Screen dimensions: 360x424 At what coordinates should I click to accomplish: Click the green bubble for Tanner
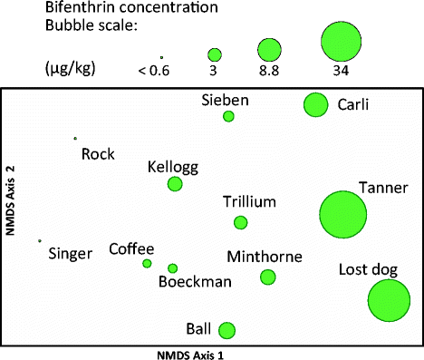point(343,215)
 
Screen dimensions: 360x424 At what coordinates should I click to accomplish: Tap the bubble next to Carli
point(315,105)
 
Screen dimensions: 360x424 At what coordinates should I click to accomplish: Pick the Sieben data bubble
point(228,116)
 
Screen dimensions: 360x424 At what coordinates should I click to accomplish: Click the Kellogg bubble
point(175,184)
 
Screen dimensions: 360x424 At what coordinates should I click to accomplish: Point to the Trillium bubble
point(241,222)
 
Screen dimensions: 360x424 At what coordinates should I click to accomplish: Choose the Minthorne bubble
point(267,277)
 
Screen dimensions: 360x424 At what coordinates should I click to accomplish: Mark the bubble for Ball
point(227,330)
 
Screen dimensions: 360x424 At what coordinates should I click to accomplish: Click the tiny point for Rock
point(75,139)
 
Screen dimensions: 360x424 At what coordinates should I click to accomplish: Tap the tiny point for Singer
point(40,241)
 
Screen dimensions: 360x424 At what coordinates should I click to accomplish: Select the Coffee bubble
point(147,263)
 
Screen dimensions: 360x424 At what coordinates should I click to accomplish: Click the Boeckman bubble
point(173,268)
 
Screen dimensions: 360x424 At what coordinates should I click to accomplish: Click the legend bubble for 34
point(342,44)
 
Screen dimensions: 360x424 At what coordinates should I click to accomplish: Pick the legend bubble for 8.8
point(268,50)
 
